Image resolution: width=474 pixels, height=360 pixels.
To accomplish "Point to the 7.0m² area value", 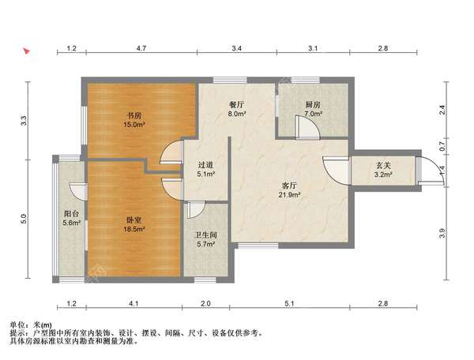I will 312,114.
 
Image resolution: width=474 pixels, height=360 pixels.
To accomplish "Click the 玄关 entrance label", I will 383,166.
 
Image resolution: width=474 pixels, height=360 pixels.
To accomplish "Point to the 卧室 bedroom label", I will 133,219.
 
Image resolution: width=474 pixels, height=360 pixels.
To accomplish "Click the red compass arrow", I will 27,51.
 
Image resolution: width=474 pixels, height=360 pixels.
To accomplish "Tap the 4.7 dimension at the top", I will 141,49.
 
